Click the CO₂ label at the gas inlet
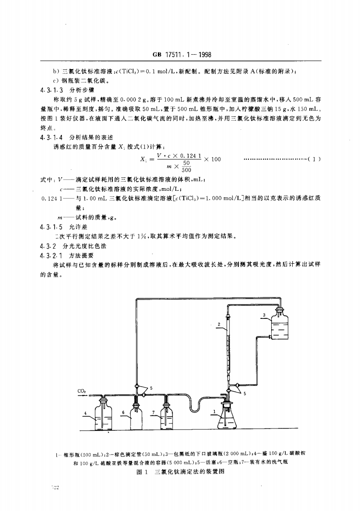(x=81, y=391)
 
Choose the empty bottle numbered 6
(x=136, y=415)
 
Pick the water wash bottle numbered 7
(x=167, y=417)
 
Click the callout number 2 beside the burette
(x=219, y=324)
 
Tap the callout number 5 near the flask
(x=245, y=392)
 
